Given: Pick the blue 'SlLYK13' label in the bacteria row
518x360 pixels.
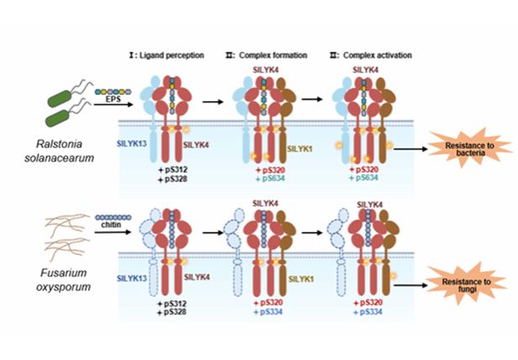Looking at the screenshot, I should coord(133,145).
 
